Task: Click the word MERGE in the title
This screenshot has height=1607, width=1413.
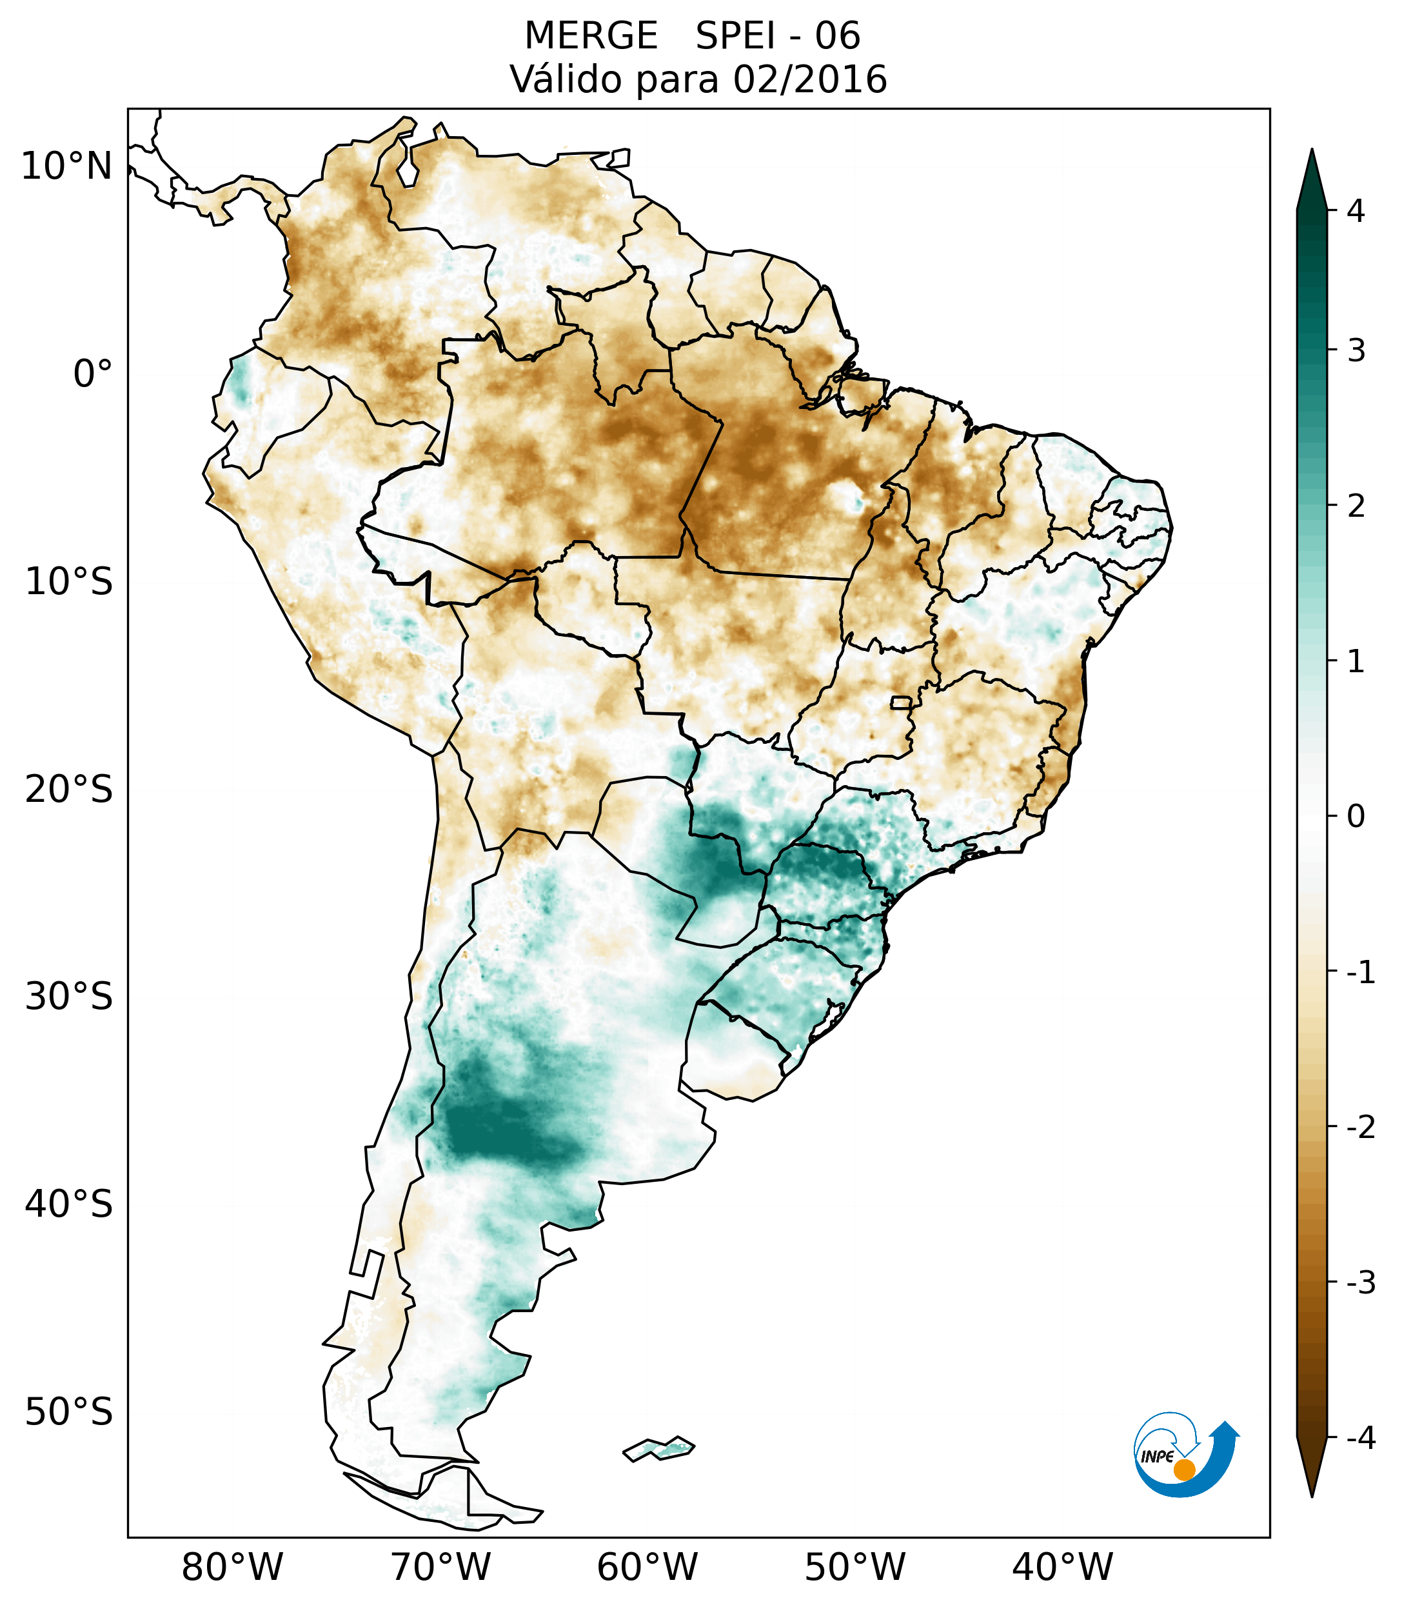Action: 590,36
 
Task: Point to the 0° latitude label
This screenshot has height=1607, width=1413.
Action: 93,374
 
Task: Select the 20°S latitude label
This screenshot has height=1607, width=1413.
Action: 69,790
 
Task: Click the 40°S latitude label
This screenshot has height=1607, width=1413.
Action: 69,1204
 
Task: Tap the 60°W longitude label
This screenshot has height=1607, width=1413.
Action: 647,1567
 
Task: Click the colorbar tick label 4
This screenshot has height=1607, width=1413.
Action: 1356,211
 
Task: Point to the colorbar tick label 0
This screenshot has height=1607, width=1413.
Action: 1356,817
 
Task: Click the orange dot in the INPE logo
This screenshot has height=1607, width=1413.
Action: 1183,1469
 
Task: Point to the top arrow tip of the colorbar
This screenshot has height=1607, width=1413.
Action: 1312,151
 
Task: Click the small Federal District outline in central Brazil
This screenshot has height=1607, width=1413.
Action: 902,702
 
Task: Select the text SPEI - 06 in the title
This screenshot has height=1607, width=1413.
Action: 777,36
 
